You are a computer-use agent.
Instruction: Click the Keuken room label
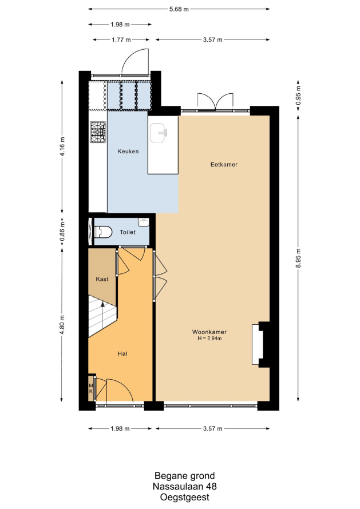point(128,152)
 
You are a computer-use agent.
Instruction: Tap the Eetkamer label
point(224,164)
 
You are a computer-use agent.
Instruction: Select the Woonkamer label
point(209,332)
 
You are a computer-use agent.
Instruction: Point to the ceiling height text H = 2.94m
point(209,338)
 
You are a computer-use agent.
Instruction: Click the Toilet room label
point(128,232)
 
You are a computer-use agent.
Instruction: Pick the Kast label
point(102,279)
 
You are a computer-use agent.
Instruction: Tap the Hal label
point(122,354)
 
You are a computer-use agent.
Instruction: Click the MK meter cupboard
point(91,388)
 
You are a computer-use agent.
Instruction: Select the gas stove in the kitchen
point(98,132)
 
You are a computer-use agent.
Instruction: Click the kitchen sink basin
point(159,133)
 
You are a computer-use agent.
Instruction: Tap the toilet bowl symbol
point(103,232)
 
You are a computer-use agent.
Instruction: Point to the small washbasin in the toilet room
point(143,222)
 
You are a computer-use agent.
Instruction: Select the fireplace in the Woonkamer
point(258,344)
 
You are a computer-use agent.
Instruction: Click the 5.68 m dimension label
point(179,9)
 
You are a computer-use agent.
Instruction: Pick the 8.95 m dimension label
point(298,258)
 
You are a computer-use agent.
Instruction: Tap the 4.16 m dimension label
point(62,146)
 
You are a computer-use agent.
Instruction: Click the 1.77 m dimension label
point(121,39)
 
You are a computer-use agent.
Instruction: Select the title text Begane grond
point(184,476)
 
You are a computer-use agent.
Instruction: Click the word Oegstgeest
point(184,498)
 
